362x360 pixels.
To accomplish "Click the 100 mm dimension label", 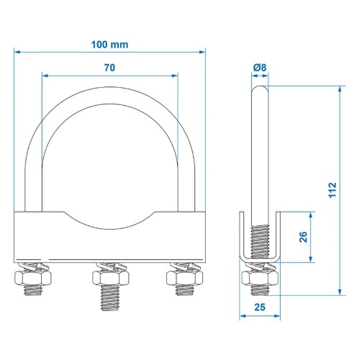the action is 109,45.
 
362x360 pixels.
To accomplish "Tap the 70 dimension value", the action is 109,68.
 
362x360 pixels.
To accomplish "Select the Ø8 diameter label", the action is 260,68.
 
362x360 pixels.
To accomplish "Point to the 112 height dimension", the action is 332,190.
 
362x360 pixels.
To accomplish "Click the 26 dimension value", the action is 304,237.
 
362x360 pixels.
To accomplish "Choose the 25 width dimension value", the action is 260,307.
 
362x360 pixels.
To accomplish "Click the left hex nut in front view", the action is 33,278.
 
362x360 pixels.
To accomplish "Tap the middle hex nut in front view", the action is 111,278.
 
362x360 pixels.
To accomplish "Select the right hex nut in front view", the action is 184,278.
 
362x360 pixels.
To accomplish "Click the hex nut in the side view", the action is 260,278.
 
